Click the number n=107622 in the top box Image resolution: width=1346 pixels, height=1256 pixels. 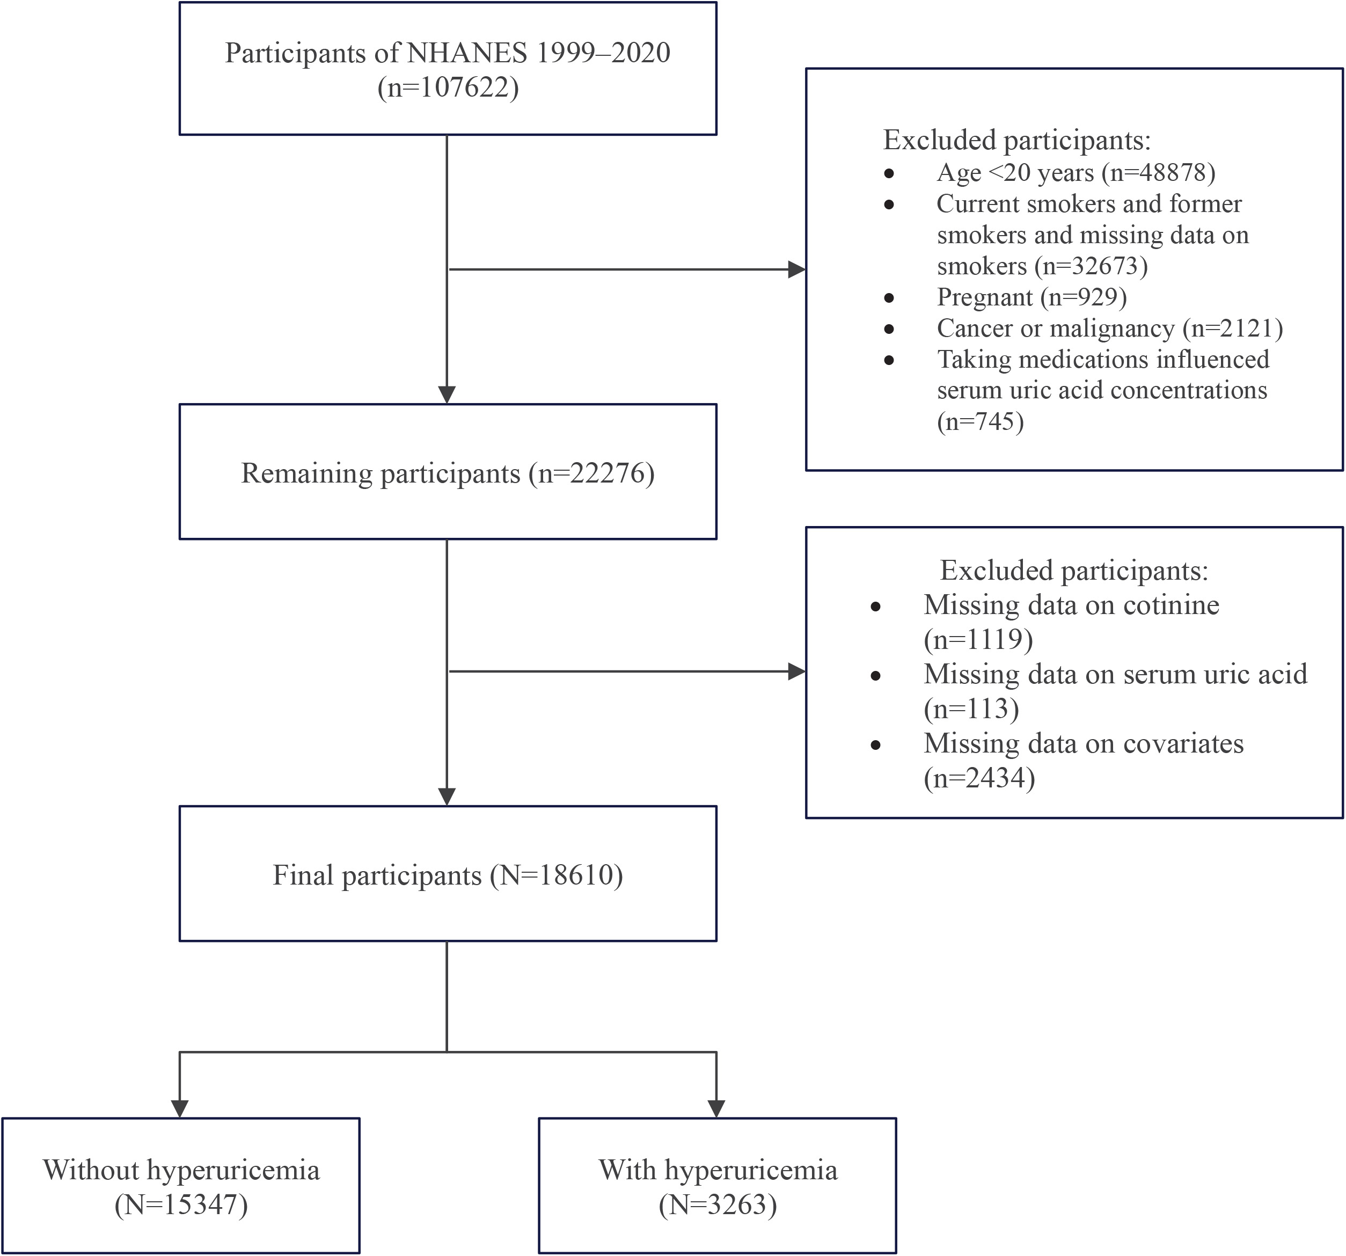448,88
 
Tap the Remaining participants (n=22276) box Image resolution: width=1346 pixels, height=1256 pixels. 448,472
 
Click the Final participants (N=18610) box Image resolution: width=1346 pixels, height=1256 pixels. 448,873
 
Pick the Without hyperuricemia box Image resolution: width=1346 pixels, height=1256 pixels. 181,1186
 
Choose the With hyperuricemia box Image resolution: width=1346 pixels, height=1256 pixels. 718,1186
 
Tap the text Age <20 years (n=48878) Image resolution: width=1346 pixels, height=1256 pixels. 1076,173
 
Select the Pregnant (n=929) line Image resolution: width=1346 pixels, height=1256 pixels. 1032,297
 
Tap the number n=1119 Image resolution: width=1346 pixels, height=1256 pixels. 978,639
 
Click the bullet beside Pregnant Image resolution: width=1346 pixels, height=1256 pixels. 889,298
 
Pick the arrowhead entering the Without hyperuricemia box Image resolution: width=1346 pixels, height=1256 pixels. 179,1108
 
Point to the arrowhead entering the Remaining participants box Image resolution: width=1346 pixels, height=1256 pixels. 447,395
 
